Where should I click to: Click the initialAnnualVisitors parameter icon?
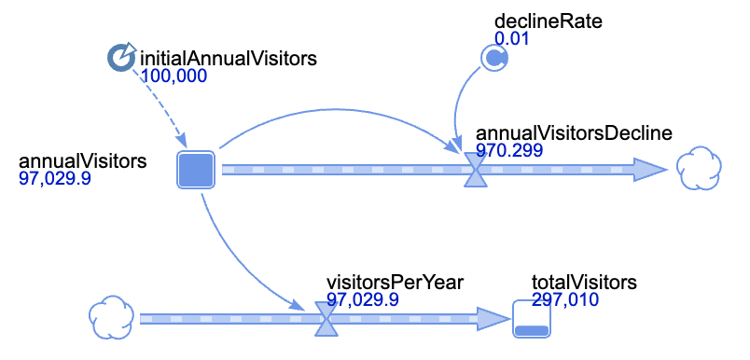pyautogui.click(x=121, y=58)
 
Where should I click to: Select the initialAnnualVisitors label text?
pyautogui.click(x=229, y=59)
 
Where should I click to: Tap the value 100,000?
pyautogui.click(x=174, y=76)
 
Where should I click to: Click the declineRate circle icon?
pyautogui.click(x=493, y=59)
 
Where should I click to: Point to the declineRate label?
pyautogui.click(x=549, y=21)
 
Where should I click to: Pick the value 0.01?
pyautogui.click(x=512, y=39)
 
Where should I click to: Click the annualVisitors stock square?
pyautogui.click(x=196, y=169)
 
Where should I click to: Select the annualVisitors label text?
pyautogui.click(x=82, y=161)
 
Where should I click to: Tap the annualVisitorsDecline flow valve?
pyautogui.click(x=477, y=170)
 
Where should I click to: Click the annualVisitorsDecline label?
pyautogui.click(x=574, y=133)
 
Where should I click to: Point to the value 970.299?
pyautogui.click(x=509, y=150)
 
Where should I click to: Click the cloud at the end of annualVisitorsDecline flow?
pyautogui.click(x=699, y=168)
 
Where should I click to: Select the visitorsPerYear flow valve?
pyautogui.click(x=326, y=319)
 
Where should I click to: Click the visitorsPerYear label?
pyautogui.click(x=396, y=282)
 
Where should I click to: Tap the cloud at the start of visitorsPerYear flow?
pyautogui.click(x=111, y=317)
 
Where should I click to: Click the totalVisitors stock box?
pyautogui.click(x=532, y=319)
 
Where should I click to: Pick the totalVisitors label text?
pyautogui.click(x=584, y=282)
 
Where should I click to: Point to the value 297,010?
pyautogui.click(x=565, y=299)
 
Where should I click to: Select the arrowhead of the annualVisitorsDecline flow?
pyautogui.click(x=650, y=170)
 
